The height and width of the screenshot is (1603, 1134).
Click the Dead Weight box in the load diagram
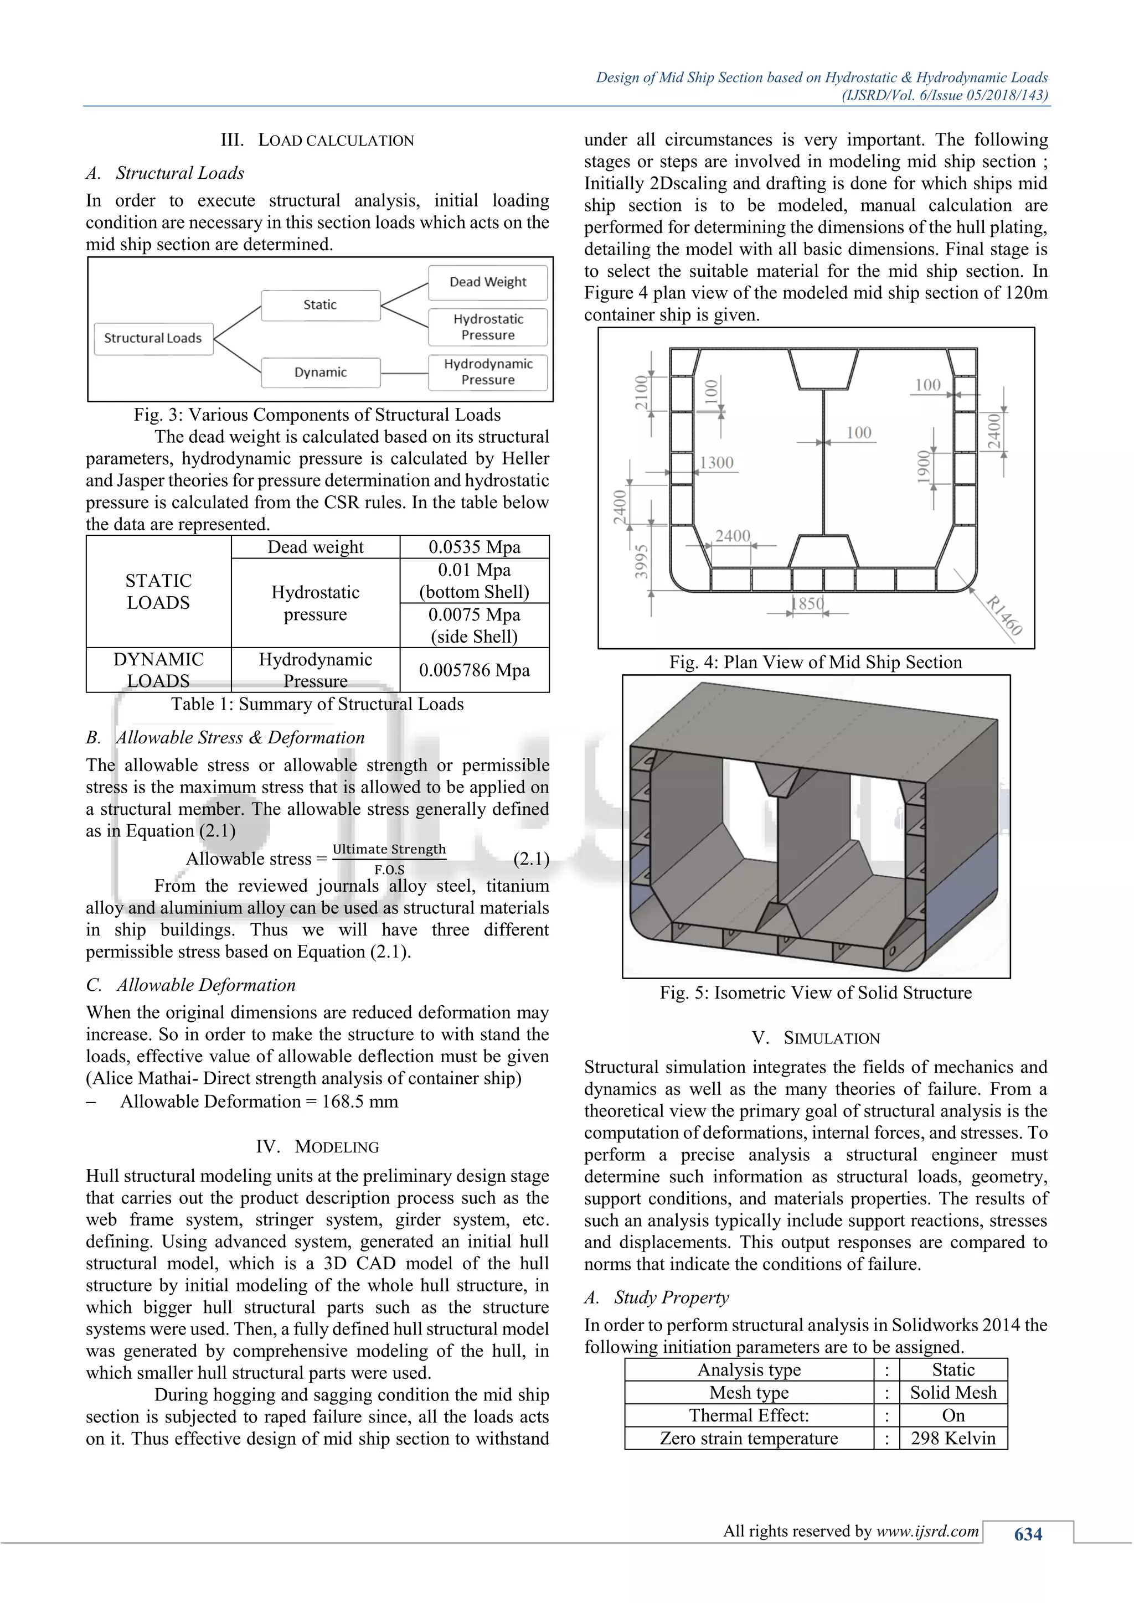(x=487, y=282)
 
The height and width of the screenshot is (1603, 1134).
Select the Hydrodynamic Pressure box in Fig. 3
(x=487, y=372)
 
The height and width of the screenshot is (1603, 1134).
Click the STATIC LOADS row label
(x=158, y=592)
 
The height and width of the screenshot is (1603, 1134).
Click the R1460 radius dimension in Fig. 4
(x=1004, y=615)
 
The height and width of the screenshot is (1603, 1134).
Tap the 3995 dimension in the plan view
(x=640, y=562)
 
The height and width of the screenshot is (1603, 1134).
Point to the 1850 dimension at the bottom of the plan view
(x=807, y=603)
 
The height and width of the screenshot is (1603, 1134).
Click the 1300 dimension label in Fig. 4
(x=717, y=463)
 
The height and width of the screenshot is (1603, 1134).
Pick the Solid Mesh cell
(x=953, y=1393)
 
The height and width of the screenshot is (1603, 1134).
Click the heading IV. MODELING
(x=318, y=1147)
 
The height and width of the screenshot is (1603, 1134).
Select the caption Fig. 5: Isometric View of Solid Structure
(x=816, y=993)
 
